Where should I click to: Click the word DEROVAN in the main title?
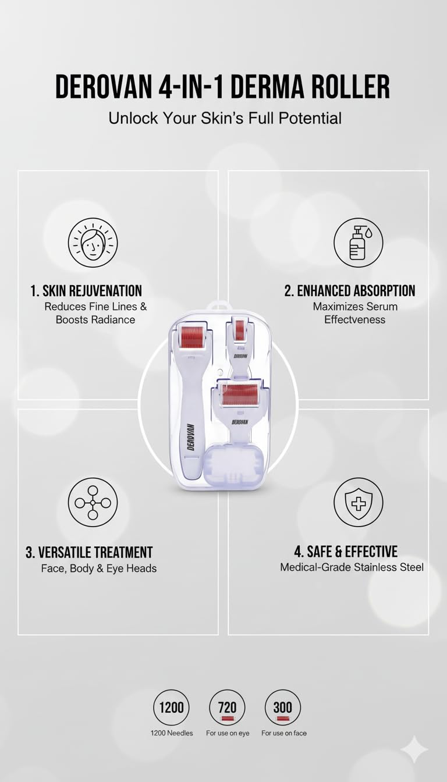[103, 87]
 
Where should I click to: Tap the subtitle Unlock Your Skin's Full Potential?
[225, 118]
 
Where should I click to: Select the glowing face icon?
[93, 243]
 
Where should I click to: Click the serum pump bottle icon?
[358, 243]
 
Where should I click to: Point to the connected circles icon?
[93, 502]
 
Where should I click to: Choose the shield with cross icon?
[358, 502]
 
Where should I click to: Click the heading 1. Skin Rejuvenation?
[86, 290]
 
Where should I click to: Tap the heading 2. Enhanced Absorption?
[350, 290]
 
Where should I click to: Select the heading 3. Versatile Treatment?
[89, 552]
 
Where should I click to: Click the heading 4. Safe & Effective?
[346, 552]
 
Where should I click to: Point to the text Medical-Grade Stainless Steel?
[352, 567]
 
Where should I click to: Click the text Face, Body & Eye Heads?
[98, 568]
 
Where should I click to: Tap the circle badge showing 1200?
[171, 708]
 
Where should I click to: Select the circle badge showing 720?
[227, 708]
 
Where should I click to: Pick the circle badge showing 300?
[283, 708]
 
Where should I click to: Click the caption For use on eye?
[228, 733]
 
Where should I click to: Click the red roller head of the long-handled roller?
[191, 337]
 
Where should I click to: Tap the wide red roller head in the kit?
[240, 394]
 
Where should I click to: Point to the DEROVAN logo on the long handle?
[190, 436]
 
